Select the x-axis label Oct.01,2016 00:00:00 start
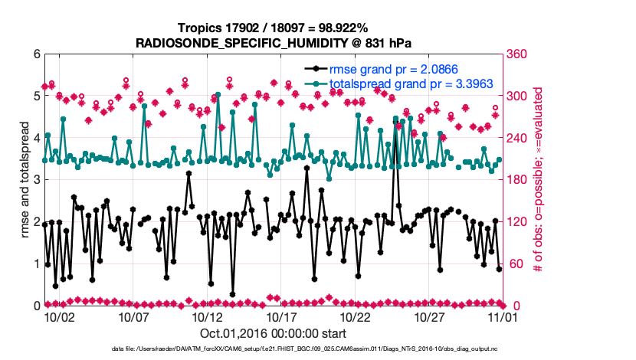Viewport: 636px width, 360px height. (273, 334)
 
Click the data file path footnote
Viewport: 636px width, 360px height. (317, 349)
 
